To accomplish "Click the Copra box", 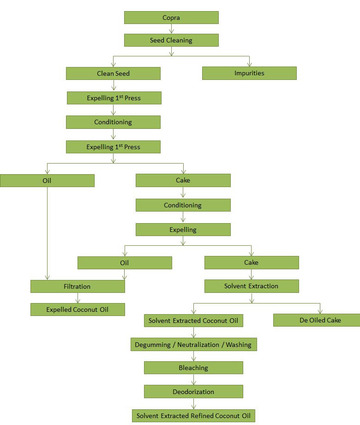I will tap(171, 18).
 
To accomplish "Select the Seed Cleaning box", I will tap(171, 40).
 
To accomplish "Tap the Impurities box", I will tap(249, 73).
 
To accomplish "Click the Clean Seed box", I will tap(113, 73).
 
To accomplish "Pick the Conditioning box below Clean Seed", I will tap(113, 122).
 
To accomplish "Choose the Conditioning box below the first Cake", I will tap(183, 205).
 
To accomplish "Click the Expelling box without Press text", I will tap(183, 230).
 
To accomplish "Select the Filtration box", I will tap(78, 286).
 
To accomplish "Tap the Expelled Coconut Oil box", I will tap(78, 310).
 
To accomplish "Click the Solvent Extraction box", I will tap(252, 286).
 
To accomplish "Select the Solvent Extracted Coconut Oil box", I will tap(193, 320).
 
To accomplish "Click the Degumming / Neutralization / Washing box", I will tap(193, 345).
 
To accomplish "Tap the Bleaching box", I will tap(193, 368).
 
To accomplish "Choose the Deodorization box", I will tap(193, 392).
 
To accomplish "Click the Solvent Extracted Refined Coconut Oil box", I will tap(193, 415).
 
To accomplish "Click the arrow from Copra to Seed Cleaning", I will tap(171, 29).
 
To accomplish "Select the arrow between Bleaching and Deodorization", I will tap(193, 380).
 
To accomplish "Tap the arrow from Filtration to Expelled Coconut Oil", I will tap(78, 298).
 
